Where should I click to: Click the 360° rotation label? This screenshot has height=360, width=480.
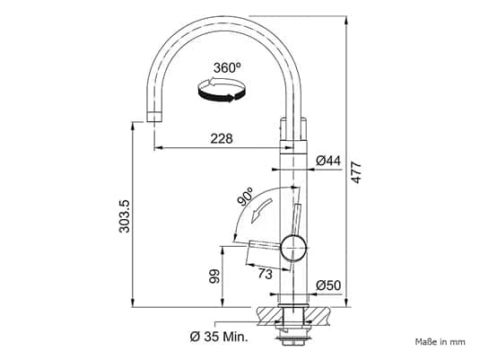[x=227, y=67]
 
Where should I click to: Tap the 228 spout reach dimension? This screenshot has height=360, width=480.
[x=222, y=138]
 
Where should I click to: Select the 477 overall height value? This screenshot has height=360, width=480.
[x=356, y=172]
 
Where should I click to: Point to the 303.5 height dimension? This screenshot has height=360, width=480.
[x=125, y=216]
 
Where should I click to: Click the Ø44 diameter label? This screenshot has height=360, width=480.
[x=327, y=160]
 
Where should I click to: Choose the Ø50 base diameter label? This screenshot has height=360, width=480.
[x=328, y=285]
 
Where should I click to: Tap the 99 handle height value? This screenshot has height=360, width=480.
[x=214, y=276]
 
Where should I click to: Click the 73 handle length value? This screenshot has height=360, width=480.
[x=265, y=273]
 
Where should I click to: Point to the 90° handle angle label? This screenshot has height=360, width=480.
[x=246, y=197]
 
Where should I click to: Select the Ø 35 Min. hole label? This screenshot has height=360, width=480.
[x=219, y=337]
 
